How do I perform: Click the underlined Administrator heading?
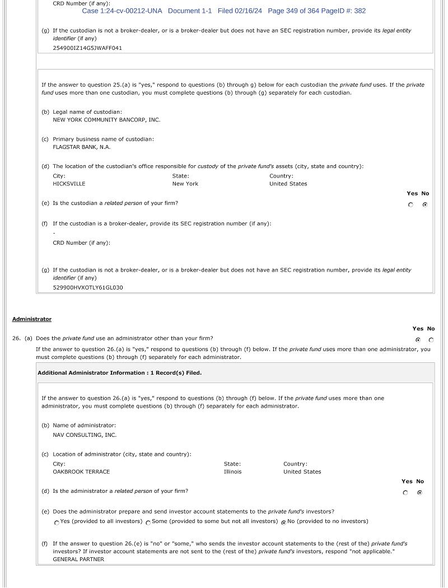tap(32, 319)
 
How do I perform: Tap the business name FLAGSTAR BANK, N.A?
tap(82, 147)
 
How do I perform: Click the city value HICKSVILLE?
tap(69, 184)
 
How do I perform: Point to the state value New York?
tap(185, 184)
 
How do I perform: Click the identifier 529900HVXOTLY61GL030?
tap(88, 288)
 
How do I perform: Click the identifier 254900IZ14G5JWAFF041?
tap(87, 48)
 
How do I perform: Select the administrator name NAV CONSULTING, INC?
tap(85, 435)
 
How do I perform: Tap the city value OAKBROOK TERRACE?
tap(81, 472)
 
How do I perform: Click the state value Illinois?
tap(233, 472)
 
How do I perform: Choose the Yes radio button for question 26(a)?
tap(418, 340)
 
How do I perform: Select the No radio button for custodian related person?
tap(425, 205)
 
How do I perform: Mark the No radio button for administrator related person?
tap(419, 493)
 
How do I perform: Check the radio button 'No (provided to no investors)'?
tap(283, 522)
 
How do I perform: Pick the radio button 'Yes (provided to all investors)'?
tap(57, 522)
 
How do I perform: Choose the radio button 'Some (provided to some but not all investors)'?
tap(148, 522)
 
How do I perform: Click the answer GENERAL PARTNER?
tap(78, 559)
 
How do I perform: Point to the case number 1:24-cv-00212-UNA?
tap(130, 11)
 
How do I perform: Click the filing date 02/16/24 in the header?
tap(248, 11)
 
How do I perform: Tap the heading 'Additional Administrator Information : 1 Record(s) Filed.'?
tap(119, 373)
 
